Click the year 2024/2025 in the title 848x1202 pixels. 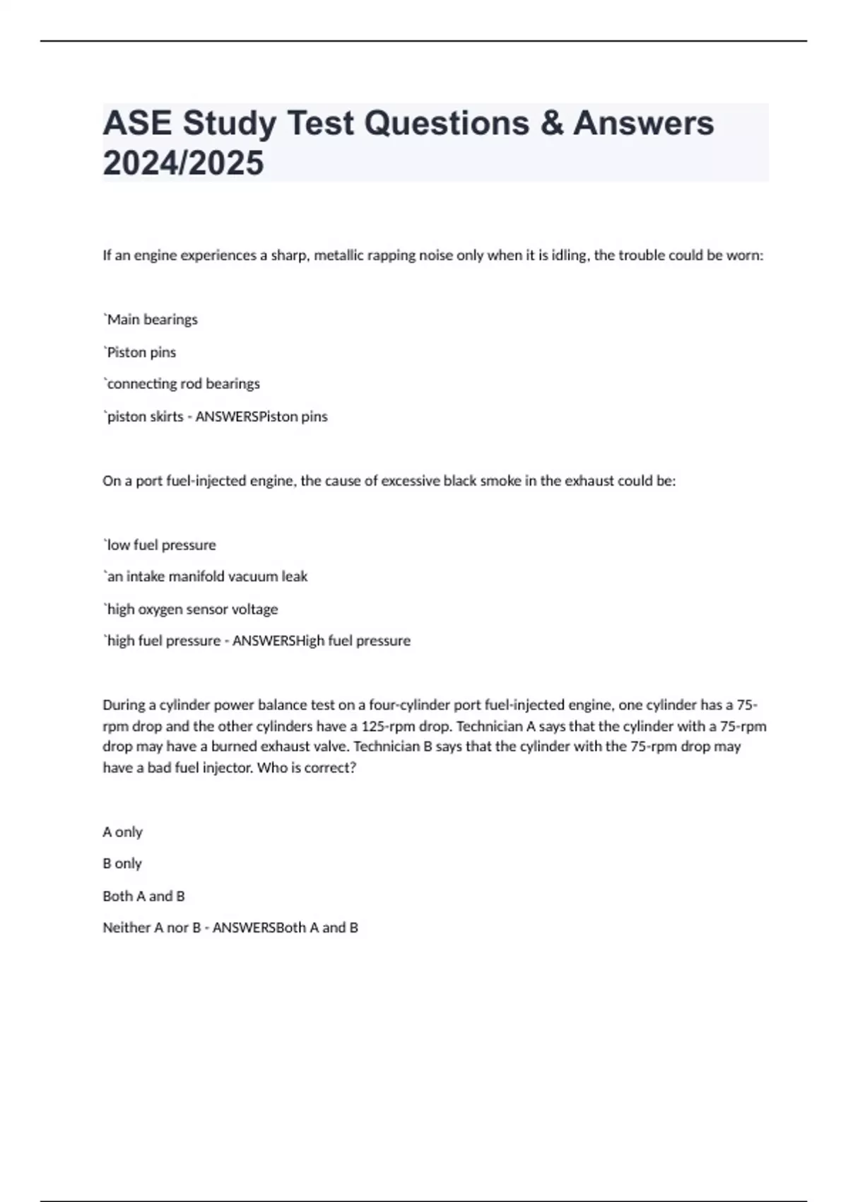click(183, 163)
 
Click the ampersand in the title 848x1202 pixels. click(551, 123)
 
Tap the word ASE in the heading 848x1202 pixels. click(137, 123)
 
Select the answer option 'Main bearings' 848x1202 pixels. click(152, 320)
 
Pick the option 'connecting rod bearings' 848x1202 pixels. click(183, 384)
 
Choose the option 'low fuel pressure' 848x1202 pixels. click(161, 545)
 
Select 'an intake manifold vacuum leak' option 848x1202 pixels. click(206, 577)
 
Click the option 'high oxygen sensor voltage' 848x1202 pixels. click(192, 609)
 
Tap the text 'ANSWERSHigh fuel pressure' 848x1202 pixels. click(322, 641)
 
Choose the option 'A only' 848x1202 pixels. click(122, 832)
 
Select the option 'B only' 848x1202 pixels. click(122, 864)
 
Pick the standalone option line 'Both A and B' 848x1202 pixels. click(143, 896)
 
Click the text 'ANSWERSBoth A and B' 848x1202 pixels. click(285, 928)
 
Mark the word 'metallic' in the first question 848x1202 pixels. click(338, 255)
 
